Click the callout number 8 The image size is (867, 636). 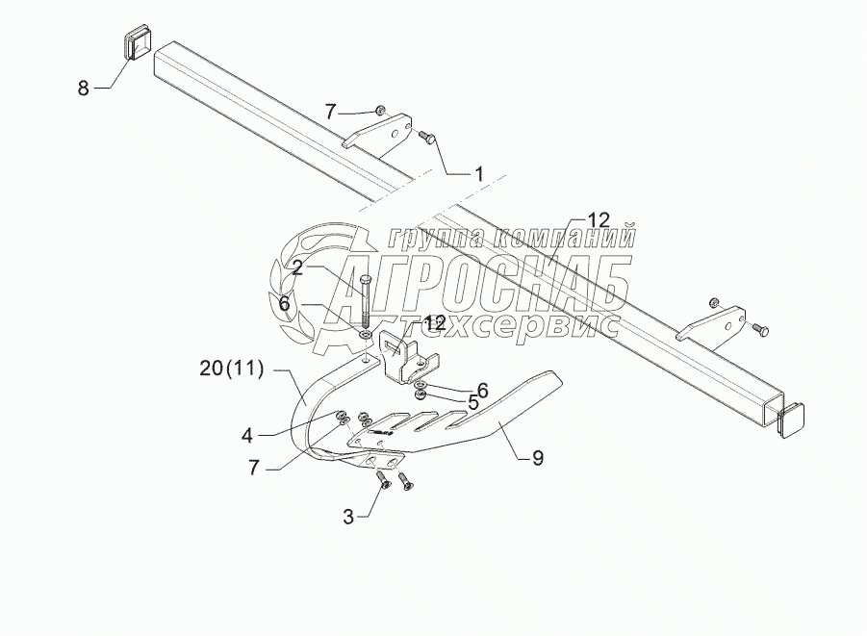[84, 89]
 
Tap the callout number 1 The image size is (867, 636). [477, 174]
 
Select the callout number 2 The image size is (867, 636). [298, 269]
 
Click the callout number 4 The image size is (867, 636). [248, 434]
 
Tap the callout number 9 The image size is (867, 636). [537, 458]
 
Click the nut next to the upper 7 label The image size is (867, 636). [380, 111]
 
